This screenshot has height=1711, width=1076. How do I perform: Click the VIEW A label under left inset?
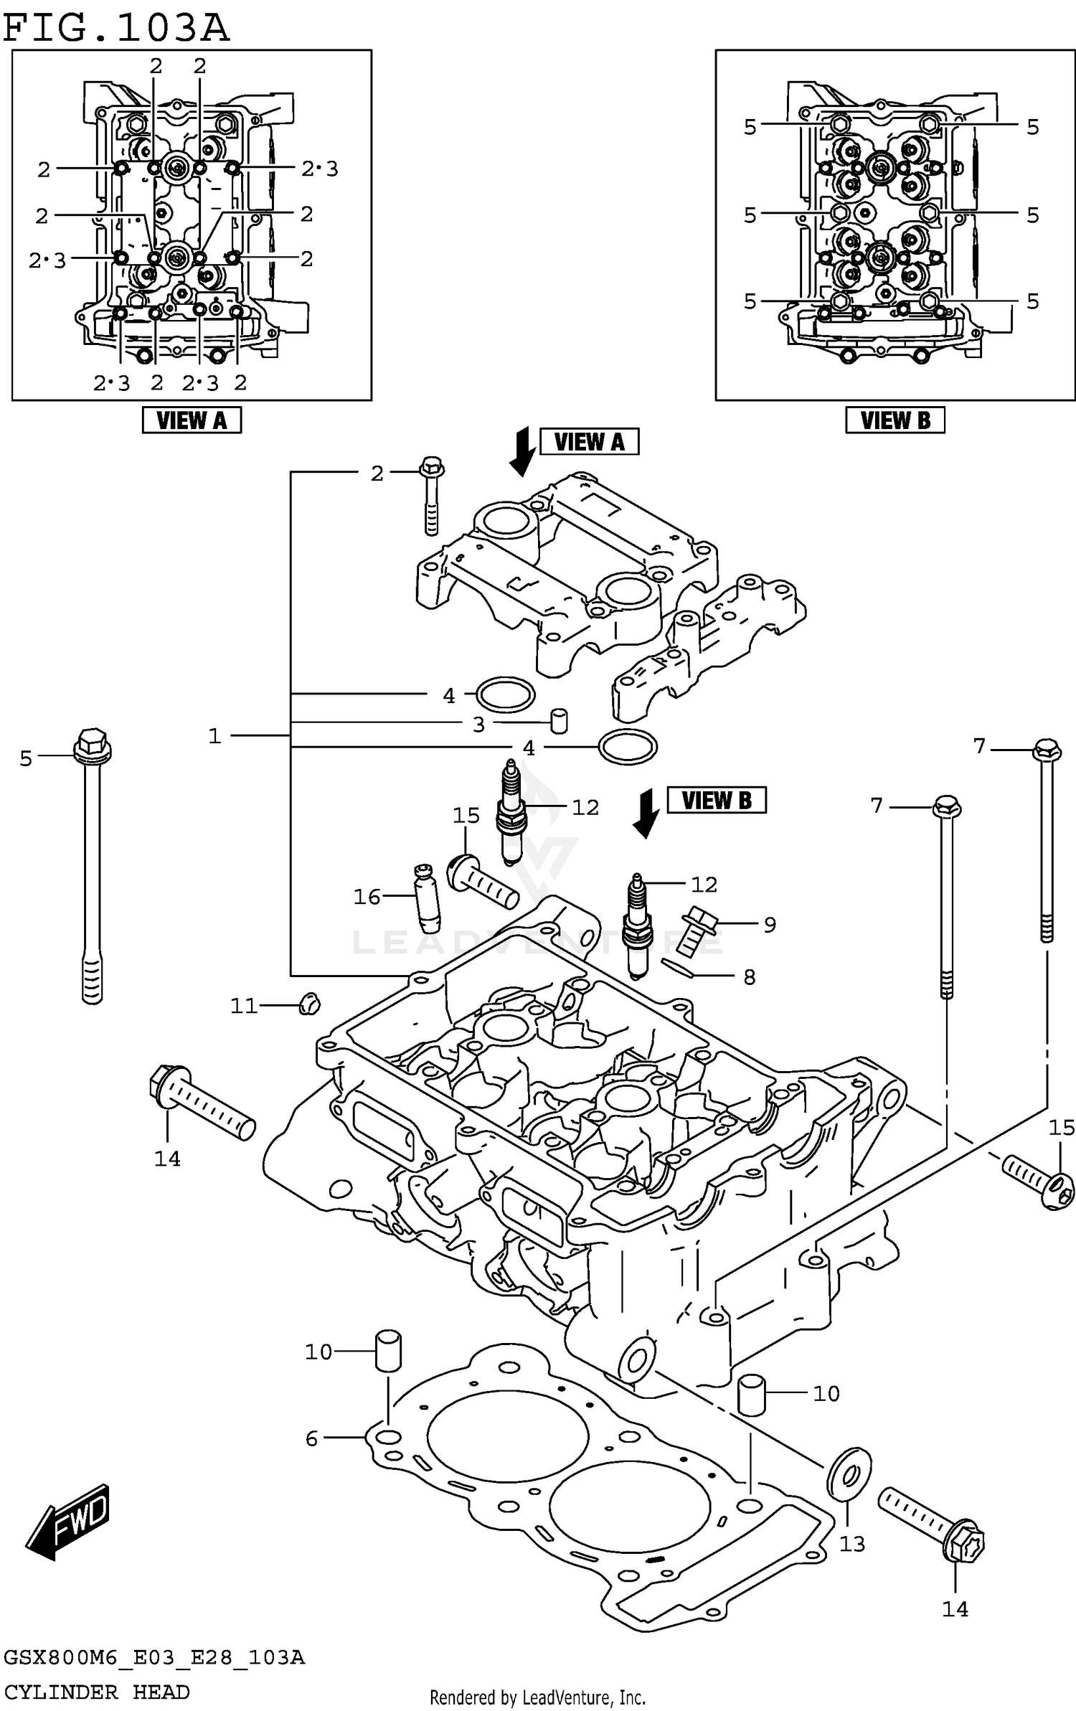[x=192, y=420]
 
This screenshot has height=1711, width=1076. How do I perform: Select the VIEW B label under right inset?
[x=895, y=420]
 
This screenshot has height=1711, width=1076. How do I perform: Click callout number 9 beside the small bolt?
[x=769, y=925]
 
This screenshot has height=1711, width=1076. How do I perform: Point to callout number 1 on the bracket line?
[x=214, y=736]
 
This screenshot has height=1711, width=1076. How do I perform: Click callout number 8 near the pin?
[x=749, y=976]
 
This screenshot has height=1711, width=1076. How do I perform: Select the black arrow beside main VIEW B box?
[x=646, y=813]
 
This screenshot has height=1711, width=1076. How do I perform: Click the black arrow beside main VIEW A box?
[x=522, y=451]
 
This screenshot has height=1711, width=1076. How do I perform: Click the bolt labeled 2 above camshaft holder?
[x=430, y=495]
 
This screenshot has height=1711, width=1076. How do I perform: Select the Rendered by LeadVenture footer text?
[x=537, y=1697]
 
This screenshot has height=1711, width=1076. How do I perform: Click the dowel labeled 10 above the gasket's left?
[x=388, y=1350]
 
